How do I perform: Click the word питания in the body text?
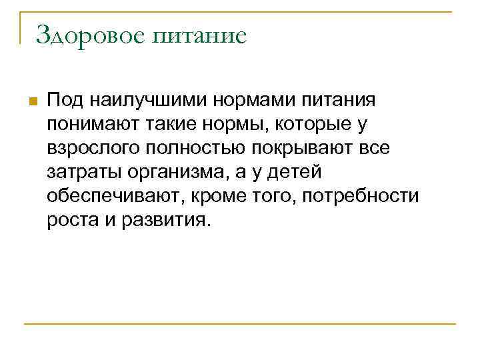pyautogui.click(x=332, y=101)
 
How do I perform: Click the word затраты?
pyautogui.click(x=78, y=173)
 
